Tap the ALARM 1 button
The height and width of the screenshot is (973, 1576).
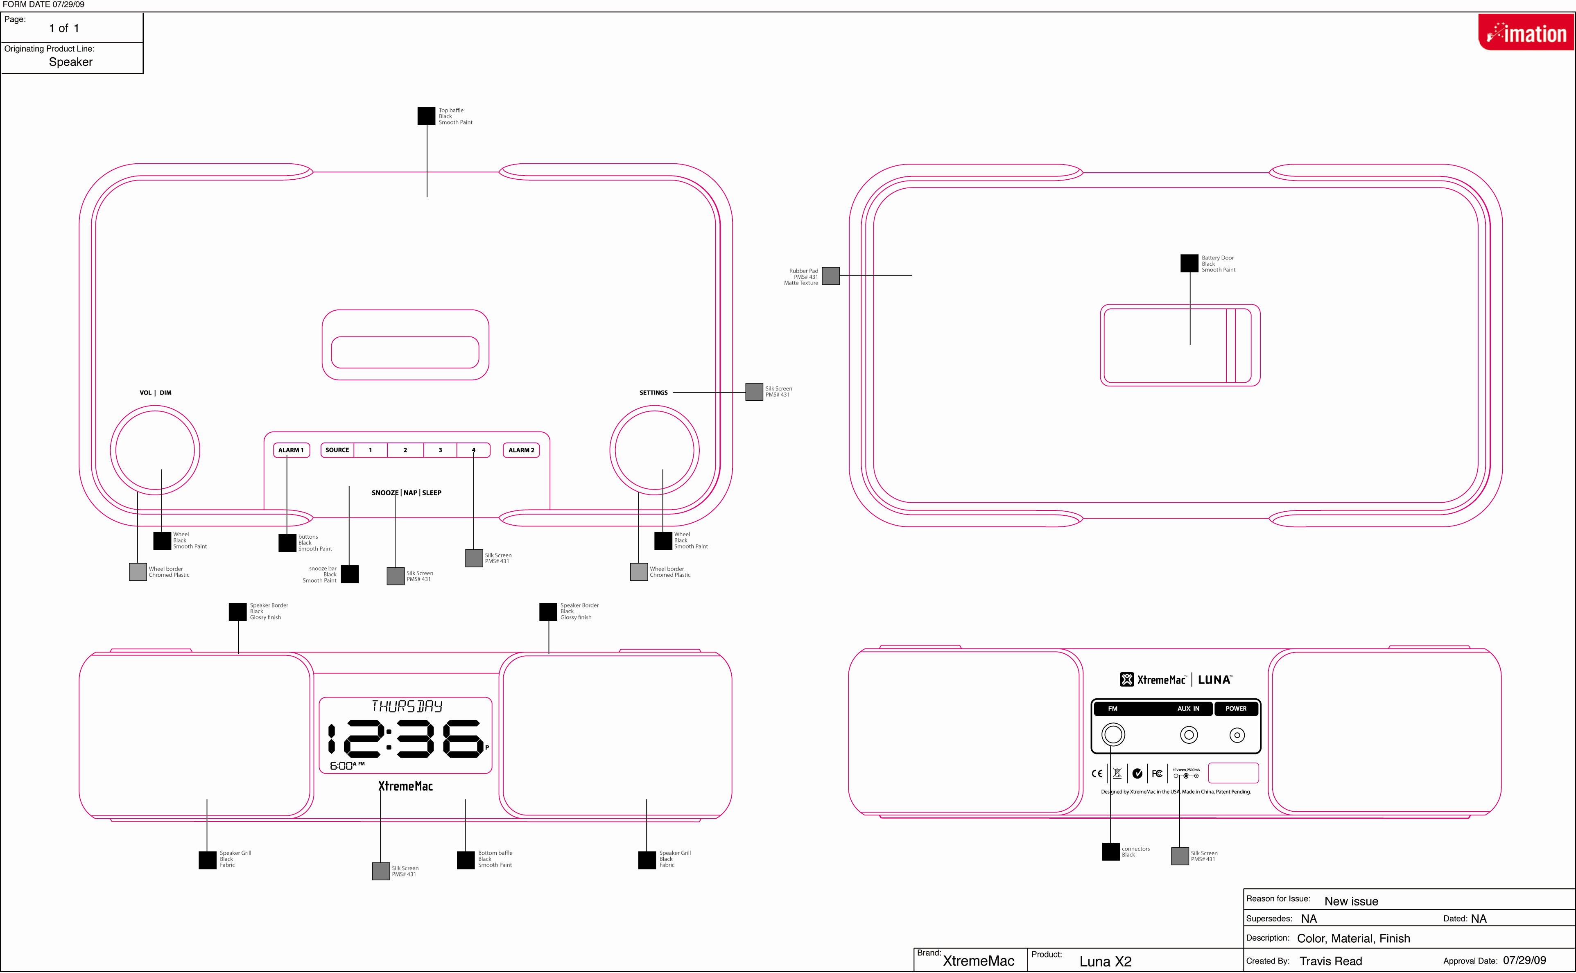(291, 450)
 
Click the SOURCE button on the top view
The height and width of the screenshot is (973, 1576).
(337, 450)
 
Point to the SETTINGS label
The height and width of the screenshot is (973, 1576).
(653, 393)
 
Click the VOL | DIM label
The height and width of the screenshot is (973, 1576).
(156, 393)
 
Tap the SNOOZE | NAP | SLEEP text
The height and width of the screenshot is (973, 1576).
(406, 493)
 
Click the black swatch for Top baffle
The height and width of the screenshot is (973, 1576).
(426, 116)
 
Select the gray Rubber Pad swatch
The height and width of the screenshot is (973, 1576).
(831, 276)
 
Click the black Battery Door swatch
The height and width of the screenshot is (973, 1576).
(1189, 263)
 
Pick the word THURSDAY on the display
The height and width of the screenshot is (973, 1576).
(407, 706)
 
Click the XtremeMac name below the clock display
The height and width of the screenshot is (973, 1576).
(405, 786)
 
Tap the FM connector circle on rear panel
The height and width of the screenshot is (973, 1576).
(1112, 734)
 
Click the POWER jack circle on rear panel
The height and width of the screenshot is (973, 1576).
(1237, 735)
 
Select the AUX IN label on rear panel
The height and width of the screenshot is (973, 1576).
(1188, 709)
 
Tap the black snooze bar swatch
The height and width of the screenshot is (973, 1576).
(349, 574)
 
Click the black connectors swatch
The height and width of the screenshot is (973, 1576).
(1111, 851)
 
